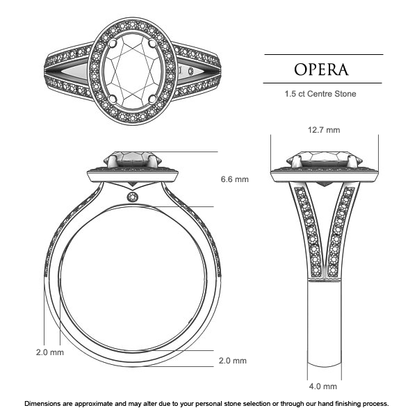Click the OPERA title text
(x=322, y=69)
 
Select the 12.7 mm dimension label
(x=323, y=130)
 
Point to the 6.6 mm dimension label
(x=234, y=179)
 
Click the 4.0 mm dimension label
(x=323, y=386)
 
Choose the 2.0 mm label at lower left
(x=50, y=352)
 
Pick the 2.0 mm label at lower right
(x=233, y=361)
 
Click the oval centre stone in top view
(x=132, y=72)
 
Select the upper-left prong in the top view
(x=113, y=44)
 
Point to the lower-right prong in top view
(x=153, y=101)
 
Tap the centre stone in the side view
(x=132, y=158)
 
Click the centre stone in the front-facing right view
(x=324, y=158)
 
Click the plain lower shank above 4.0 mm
(x=324, y=327)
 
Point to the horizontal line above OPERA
(x=324, y=54)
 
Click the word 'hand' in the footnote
(x=302, y=404)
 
